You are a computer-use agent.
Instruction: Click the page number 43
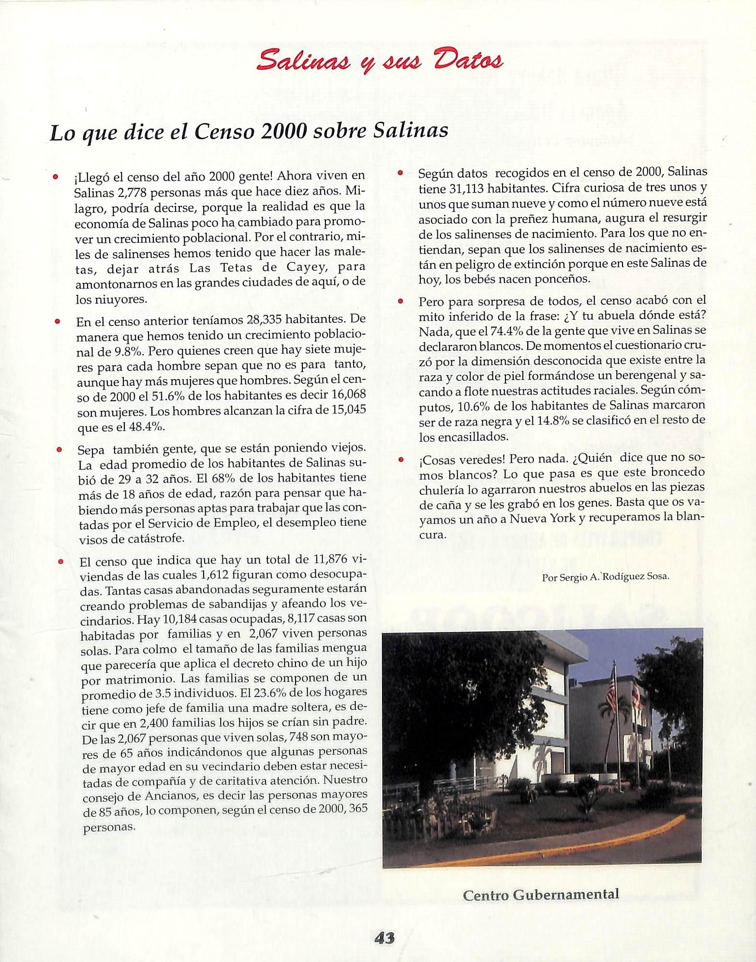[x=385, y=938]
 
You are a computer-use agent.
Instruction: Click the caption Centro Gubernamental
[x=541, y=894]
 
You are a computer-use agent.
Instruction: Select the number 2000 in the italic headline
[x=282, y=131]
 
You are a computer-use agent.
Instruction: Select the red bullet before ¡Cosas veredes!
[x=400, y=459]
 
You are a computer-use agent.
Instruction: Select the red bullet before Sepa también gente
[x=58, y=449]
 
